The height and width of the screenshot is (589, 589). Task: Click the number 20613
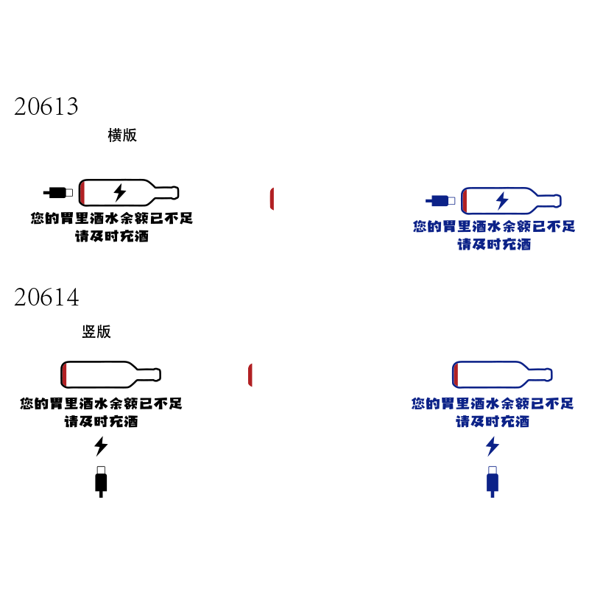pyautogui.click(x=46, y=106)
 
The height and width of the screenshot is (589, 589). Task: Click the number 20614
pyautogui.click(x=46, y=297)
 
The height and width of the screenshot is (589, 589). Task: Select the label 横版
pyautogui.click(x=122, y=135)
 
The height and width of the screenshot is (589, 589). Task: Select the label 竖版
pyautogui.click(x=96, y=332)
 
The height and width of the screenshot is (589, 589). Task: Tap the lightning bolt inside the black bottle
pyautogui.click(x=120, y=193)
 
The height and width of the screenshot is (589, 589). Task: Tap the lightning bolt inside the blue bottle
pyautogui.click(x=502, y=200)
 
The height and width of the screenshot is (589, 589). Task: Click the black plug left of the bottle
pyautogui.click(x=58, y=193)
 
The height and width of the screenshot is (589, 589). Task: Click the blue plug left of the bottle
pyautogui.click(x=440, y=201)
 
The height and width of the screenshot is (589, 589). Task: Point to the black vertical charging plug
pyautogui.click(x=101, y=482)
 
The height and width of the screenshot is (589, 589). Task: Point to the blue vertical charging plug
pyautogui.click(x=493, y=482)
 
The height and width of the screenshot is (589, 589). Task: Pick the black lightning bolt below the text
pyautogui.click(x=101, y=446)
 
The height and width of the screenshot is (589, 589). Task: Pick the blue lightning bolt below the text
pyautogui.click(x=493, y=446)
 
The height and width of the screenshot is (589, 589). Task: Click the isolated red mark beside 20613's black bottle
pyautogui.click(x=272, y=199)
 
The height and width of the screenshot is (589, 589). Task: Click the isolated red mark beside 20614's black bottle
pyautogui.click(x=250, y=375)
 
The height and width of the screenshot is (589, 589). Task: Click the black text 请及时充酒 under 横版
pyautogui.click(x=112, y=236)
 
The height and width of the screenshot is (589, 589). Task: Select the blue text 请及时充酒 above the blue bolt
pyautogui.click(x=493, y=421)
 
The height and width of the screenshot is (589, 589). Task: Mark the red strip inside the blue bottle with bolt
pyautogui.click(x=465, y=201)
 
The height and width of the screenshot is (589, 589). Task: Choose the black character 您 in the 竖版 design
pyautogui.click(x=27, y=403)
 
